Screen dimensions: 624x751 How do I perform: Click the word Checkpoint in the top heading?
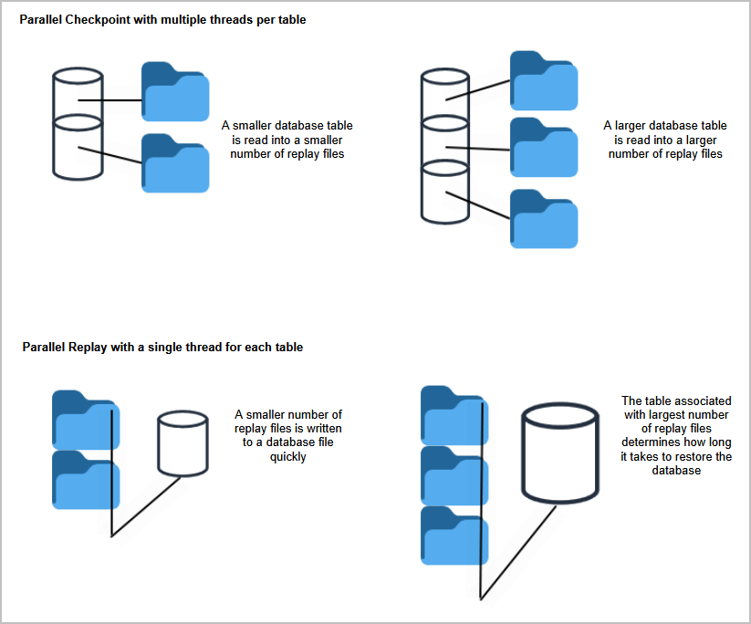(x=98, y=19)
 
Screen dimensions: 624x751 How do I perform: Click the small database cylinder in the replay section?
(x=183, y=443)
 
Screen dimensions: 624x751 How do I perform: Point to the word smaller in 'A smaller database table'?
(x=258, y=126)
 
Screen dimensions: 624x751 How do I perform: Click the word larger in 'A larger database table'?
(x=640, y=126)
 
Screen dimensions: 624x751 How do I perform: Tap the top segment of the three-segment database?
(x=444, y=93)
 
